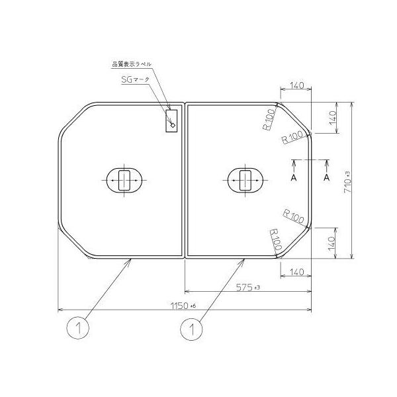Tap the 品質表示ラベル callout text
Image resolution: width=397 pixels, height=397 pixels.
pyautogui.click(x=132, y=64)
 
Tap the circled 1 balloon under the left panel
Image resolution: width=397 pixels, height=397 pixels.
pyautogui.click(x=77, y=328)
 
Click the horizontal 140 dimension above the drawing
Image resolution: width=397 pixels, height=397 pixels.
pyautogui.click(x=296, y=85)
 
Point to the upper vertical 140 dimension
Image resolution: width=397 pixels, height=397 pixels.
pyautogui.click(x=333, y=118)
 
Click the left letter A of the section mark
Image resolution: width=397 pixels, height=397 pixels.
pyautogui.click(x=293, y=178)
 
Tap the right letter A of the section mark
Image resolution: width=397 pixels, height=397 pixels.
pyautogui.click(x=326, y=178)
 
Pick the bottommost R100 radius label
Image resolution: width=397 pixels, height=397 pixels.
pyautogui.click(x=275, y=239)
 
